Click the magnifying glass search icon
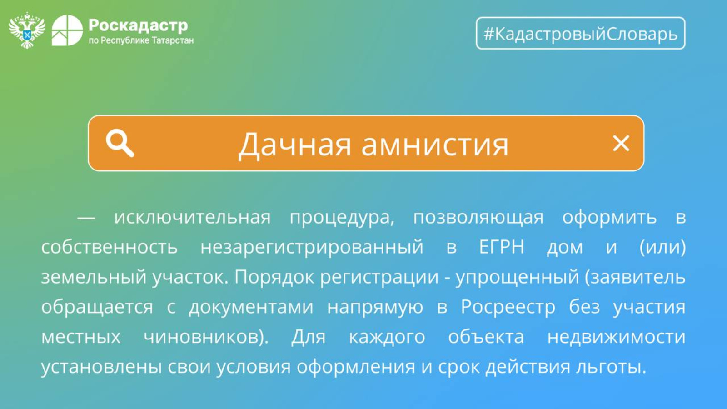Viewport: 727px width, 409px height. [x=120, y=143]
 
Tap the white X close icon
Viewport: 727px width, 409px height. [x=621, y=143]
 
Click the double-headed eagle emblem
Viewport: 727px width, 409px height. [x=27, y=30]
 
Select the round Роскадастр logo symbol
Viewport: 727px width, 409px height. [x=67, y=30]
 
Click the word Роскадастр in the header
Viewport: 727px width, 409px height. [x=138, y=25]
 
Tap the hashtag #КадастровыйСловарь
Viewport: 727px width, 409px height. [x=581, y=34]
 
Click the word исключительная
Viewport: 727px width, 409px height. [x=192, y=217]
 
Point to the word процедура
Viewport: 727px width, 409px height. [x=342, y=218]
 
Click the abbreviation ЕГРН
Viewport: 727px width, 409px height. [x=502, y=247]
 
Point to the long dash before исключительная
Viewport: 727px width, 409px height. [x=86, y=219]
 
